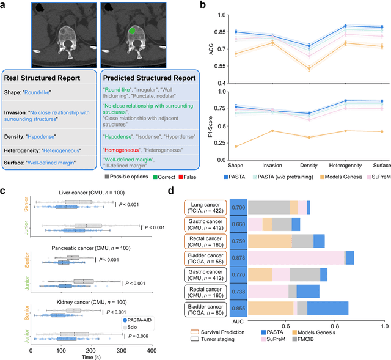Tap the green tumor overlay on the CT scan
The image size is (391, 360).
pyautogui.click(x=131, y=30)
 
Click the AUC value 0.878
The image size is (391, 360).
pyautogui.click(x=239, y=259)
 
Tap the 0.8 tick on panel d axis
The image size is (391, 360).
pyautogui.click(x=334, y=327)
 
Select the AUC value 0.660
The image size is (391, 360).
pyautogui.click(x=239, y=224)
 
